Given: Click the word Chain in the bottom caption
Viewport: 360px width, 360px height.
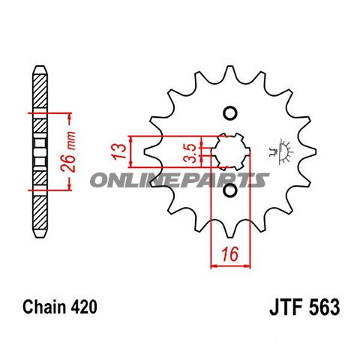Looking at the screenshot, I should (x=44, y=307).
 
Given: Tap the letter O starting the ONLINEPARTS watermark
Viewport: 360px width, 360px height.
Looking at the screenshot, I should (x=100, y=180).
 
